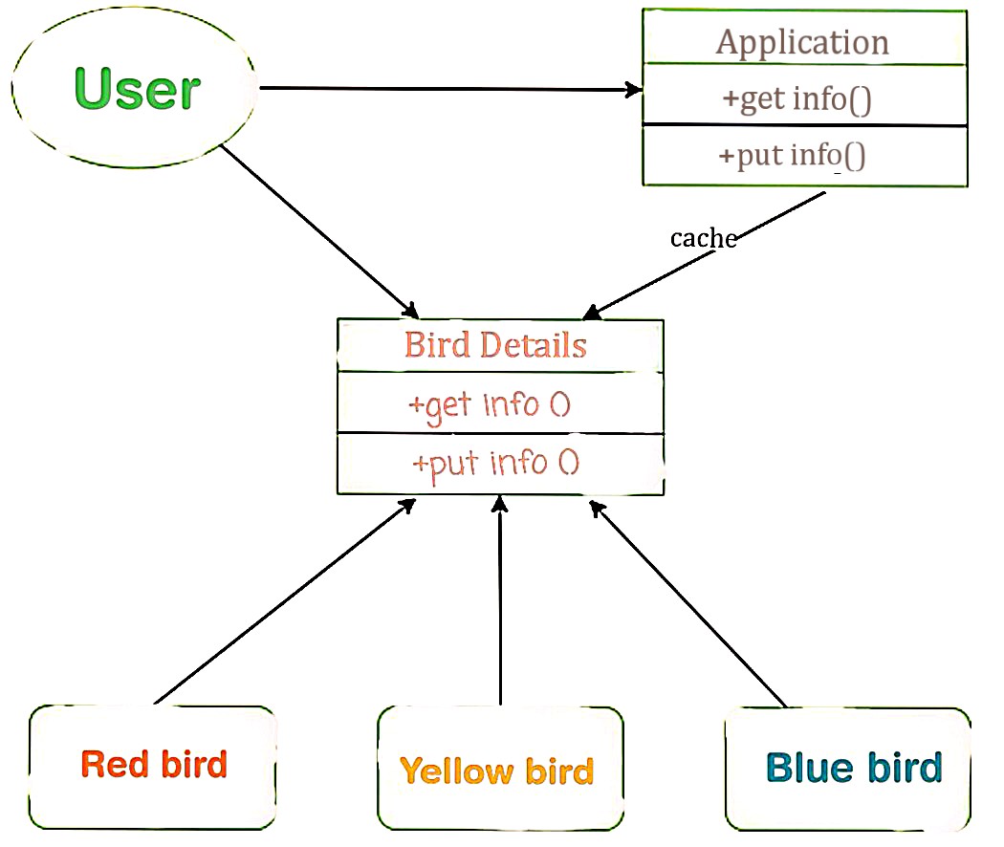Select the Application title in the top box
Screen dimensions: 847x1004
tap(803, 42)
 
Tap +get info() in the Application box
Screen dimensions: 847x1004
tap(803, 98)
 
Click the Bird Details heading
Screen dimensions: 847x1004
tap(495, 345)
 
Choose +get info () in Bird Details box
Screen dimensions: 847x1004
tap(490, 404)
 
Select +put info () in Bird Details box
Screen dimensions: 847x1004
tap(495, 464)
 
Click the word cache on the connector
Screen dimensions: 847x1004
tap(703, 238)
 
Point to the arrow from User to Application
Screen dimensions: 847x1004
tap(449, 90)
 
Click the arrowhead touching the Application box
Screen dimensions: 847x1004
tap(634, 91)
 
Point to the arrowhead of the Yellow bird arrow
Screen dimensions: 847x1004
tap(499, 504)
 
